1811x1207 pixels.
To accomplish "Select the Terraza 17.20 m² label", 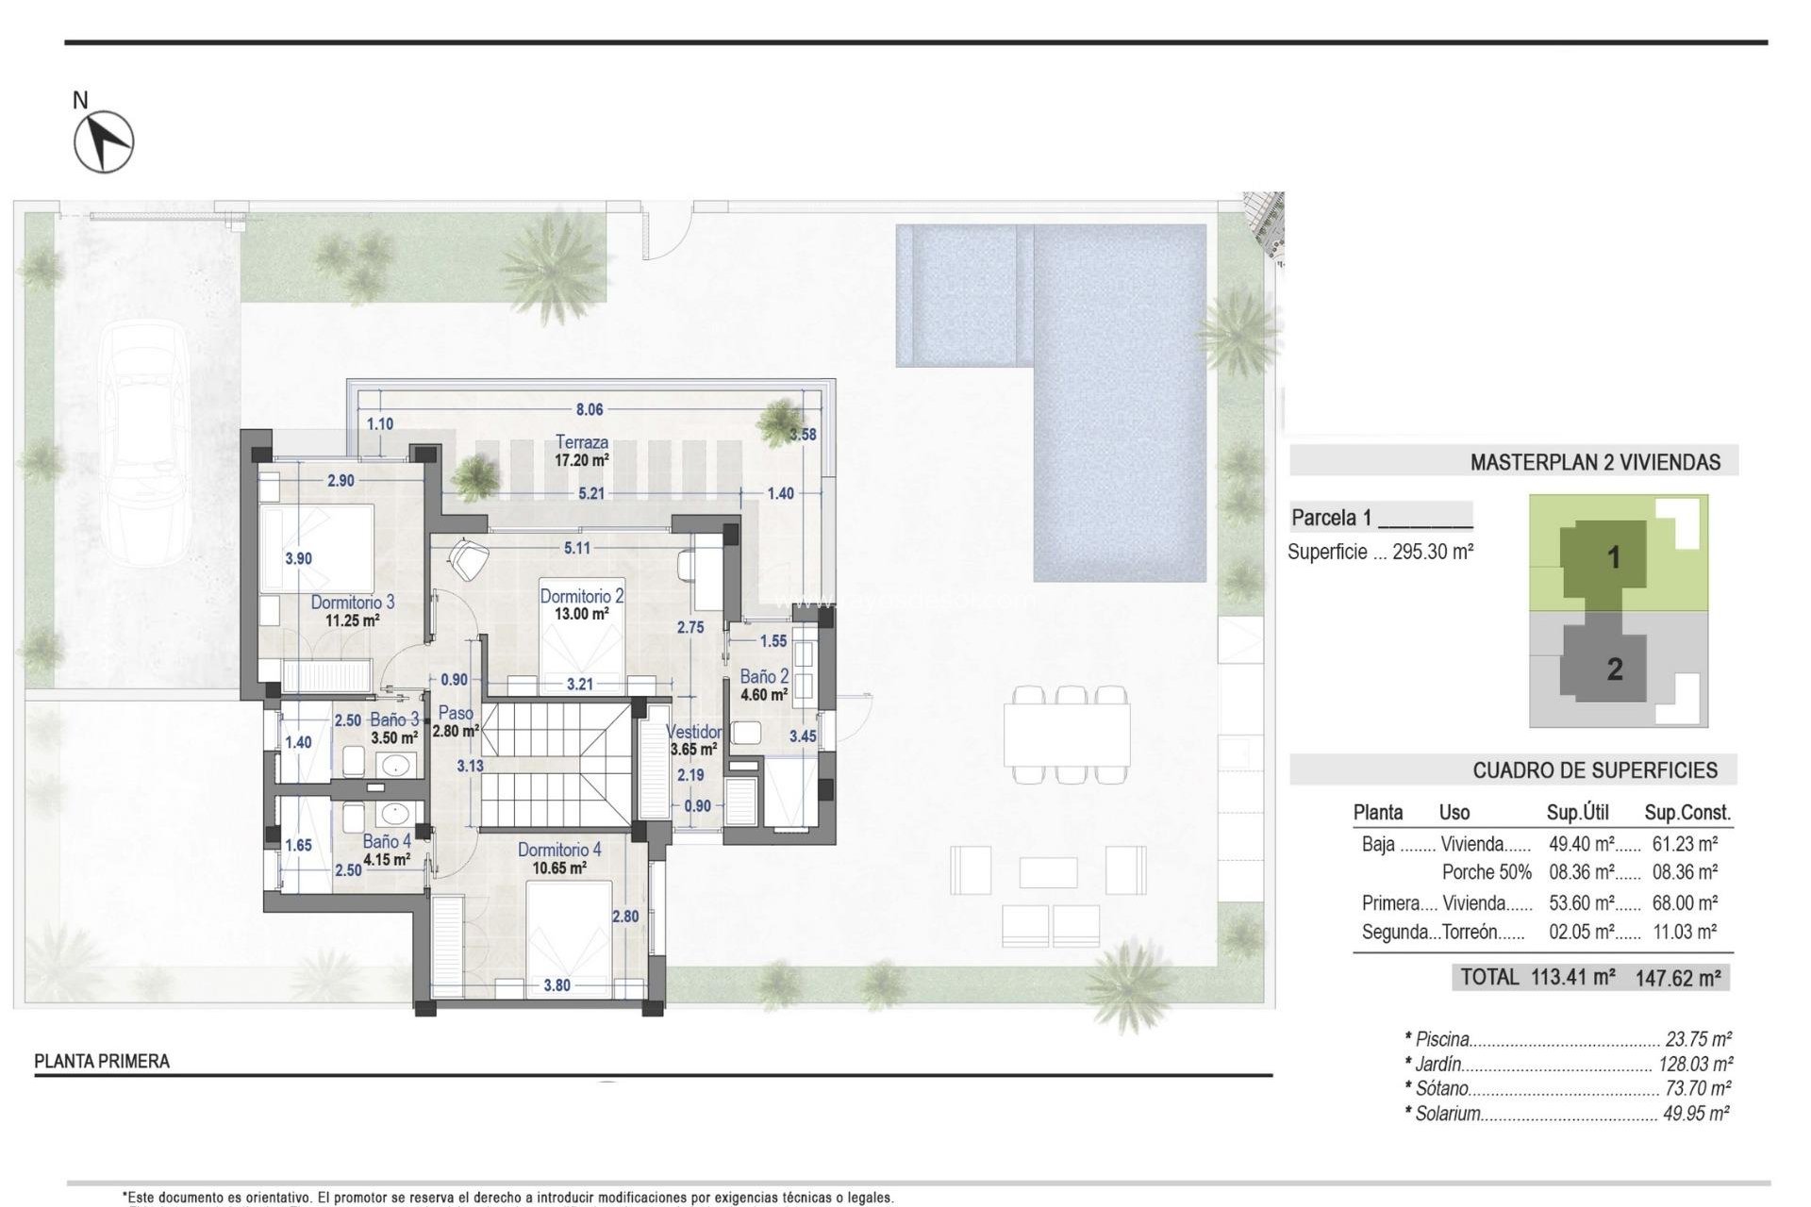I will pyautogui.click(x=581, y=450).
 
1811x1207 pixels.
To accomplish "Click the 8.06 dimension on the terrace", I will pyautogui.click(x=589, y=409).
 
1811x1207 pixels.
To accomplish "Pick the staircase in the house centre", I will pyautogui.click(x=555, y=764).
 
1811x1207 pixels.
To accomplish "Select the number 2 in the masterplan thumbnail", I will pyautogui.click(x=1614, y=670).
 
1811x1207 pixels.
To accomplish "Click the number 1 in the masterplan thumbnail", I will pyautogui.click(x=1613, y=557).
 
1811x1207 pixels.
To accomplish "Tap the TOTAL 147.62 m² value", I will pyautogui.click(x=1678, y=978).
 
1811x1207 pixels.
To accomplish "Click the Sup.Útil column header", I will pyautogui.click(x=1577, y=812).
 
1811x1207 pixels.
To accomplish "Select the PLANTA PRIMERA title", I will pyautogui.click(x=102, y=1061).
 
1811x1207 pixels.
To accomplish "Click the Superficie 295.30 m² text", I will pyautogui.click(x=1380, y=552).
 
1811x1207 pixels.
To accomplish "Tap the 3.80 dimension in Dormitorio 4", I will pyautogui.click(x=557, y=985).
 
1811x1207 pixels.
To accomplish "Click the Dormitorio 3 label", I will pyautogui.click(x=352, y=602).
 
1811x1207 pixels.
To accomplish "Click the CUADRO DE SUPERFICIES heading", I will pyautogui.click(x=1594, y=770).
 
